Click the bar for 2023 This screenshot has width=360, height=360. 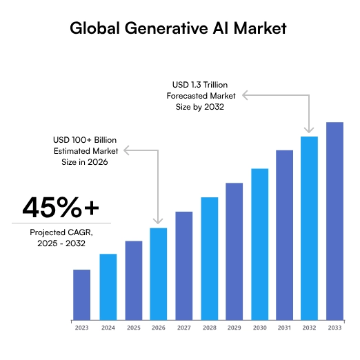click(81, 294)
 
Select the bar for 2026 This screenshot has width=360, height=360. click(159, 274)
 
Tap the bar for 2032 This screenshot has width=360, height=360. click(309, 228)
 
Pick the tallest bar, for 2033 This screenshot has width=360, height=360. click(334, 221)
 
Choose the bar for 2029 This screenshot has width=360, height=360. click(234, 251)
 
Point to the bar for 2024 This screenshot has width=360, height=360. click(108, 287)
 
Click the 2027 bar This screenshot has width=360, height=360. click(183, 266)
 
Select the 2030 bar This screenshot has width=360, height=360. click(259, 244)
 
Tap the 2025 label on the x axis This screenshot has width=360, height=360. click(133, 328)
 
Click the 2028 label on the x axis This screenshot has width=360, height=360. click(209, 328)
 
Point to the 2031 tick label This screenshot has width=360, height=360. click(284, 328)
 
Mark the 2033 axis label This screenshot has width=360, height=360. click(334, 328)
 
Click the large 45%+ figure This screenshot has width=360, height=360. click(61, 207)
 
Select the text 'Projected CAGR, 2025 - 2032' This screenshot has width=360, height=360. click(61, 239)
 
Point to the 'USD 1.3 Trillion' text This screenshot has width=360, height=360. click(201, 83)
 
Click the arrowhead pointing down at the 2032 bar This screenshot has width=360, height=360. click(309, 130)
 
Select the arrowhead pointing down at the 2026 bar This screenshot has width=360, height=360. click(159, 221)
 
